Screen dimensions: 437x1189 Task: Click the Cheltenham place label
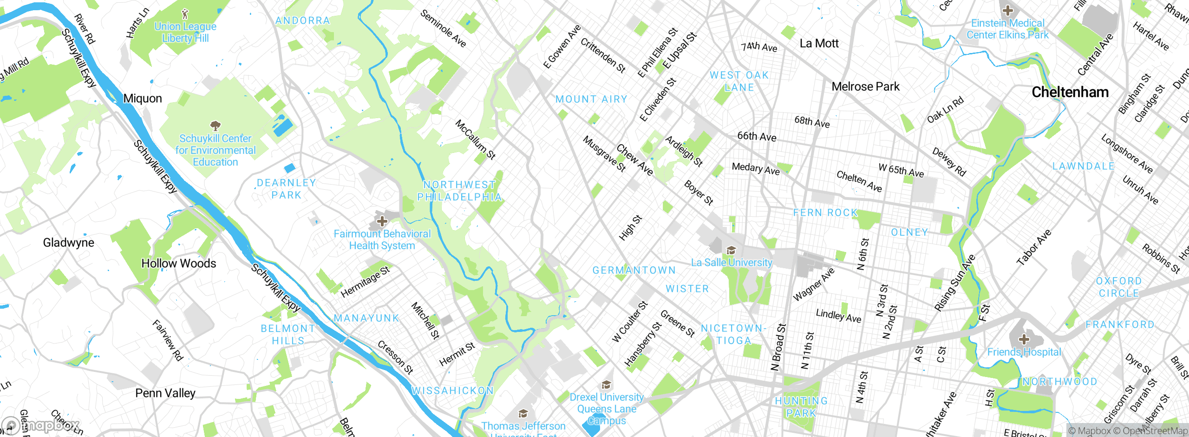click(1070, 92)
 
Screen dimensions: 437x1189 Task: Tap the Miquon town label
click(143, 99)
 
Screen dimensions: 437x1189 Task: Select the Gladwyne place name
click(68, 242)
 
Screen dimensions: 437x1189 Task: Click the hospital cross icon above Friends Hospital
click(1024, 339)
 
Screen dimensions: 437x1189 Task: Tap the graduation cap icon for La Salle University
click(731, 251)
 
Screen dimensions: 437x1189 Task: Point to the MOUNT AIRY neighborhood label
click(591, 99)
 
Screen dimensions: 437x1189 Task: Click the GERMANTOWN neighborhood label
click(634, 270)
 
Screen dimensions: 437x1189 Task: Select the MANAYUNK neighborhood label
click(366, 318)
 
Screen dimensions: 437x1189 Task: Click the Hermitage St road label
click(365, 282)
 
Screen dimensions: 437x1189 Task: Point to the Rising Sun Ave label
click(955, 283)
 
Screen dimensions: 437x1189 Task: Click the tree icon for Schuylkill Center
click(215, 126)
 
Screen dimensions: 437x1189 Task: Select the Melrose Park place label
click(865, 86)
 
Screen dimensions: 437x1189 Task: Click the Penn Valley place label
click(165, 393)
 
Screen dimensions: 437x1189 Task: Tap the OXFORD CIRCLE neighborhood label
click(1118, 287)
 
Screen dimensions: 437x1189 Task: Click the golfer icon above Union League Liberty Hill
click(185, 14)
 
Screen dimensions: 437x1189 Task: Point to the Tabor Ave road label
click(1033, 247)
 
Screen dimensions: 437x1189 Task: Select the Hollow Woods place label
click(179, 263)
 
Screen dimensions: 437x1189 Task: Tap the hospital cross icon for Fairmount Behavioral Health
click(382, 221)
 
